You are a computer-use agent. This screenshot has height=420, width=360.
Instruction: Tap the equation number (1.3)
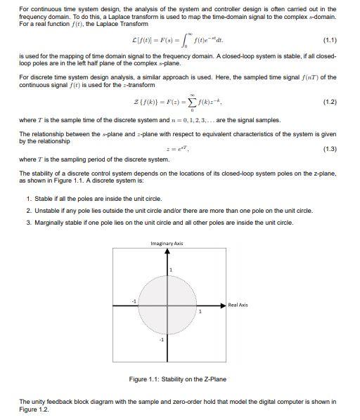(327, 150)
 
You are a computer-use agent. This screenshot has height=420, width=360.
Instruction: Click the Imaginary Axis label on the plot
(167, 243)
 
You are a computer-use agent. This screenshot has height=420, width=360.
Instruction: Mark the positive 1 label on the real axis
(199, 311)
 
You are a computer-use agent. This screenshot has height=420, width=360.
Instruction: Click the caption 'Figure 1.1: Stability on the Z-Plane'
(179, 379)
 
